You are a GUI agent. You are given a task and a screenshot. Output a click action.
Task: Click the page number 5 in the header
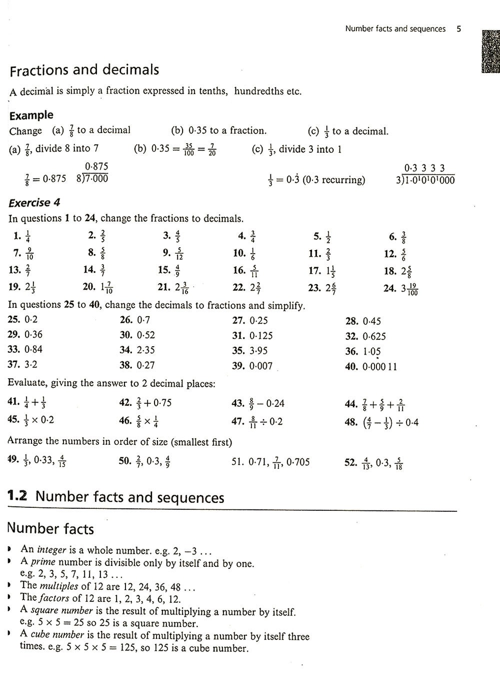point(458,29)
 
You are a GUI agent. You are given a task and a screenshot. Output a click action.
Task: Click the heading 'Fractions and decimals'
point(84,70)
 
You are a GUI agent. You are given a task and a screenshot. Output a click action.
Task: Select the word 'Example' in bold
point(31,115)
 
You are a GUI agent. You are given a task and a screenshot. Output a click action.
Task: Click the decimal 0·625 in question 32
point(374,336)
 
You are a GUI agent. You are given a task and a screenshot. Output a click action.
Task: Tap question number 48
point(350,422)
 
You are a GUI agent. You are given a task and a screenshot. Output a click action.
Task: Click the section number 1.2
point(17,496)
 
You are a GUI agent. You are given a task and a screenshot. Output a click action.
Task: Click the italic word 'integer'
point(52,549)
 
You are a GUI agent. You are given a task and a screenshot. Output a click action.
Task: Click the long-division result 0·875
point(96,167)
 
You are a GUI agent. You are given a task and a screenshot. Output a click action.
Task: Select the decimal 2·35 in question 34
point(145,350)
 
